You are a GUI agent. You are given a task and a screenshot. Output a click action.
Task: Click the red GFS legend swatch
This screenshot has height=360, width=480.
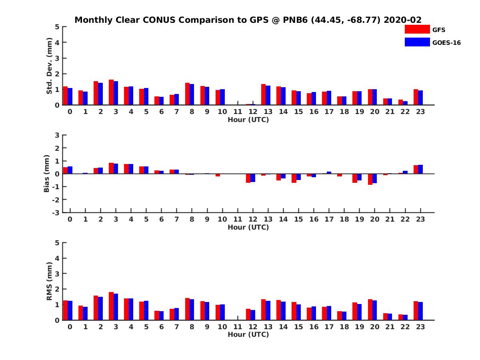pos(417,29)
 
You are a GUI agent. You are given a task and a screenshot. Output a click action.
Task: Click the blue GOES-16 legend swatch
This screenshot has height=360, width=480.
pos(417,42)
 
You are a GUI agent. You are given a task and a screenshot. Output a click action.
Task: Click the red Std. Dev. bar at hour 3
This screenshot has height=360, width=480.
pos(111,92)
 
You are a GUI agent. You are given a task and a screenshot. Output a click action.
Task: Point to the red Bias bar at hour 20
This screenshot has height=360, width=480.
pos(370,179)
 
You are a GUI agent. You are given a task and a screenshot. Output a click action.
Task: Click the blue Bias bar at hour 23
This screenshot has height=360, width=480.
pos(420,169)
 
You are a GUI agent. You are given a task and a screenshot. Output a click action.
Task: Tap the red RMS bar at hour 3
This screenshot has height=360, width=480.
pos(111,306)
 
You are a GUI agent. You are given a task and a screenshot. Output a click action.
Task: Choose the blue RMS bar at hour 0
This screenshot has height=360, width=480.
pos(70,310)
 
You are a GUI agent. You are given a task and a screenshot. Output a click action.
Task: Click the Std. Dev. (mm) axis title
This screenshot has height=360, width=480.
pos(49,66)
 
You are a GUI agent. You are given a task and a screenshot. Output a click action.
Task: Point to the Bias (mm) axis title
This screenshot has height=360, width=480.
pos(47,174)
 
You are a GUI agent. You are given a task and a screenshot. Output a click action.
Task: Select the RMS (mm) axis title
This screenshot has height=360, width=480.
pos(49,281)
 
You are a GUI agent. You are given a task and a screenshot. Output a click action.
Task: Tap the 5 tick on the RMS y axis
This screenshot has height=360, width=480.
pos(57,242)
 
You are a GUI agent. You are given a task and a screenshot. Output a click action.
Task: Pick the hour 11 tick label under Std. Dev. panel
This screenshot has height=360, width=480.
pos(238,112)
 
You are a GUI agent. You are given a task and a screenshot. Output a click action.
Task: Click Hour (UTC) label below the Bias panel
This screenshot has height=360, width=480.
pos(248,227)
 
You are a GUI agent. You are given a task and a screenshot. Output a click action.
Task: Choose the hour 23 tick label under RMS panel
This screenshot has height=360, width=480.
pos(420,327)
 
